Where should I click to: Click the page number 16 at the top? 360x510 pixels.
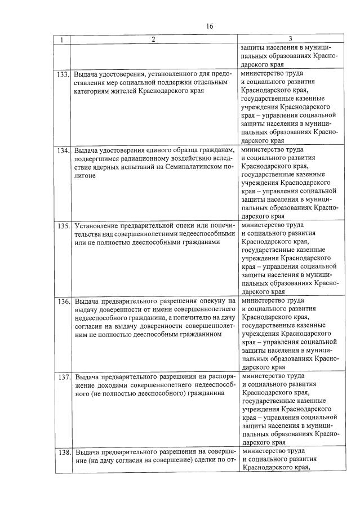210,26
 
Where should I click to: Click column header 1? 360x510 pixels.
62,39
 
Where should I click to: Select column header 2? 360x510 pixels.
153,39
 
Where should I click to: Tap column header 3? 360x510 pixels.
290,39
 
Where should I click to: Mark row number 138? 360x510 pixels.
63,453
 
